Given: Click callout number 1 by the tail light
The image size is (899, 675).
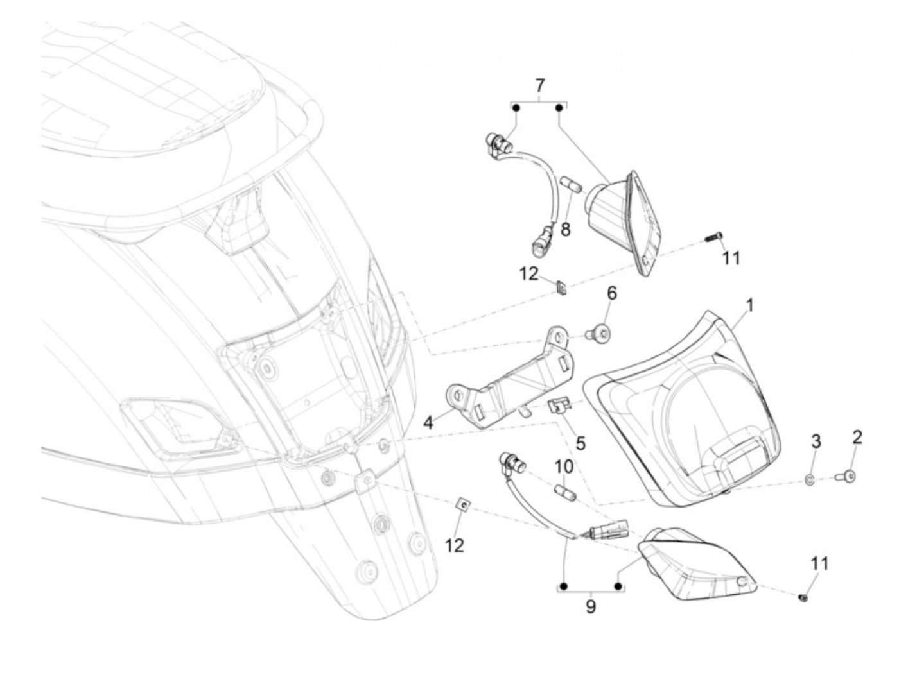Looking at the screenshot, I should coord(749,305).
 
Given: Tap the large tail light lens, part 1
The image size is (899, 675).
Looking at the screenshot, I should coord(687,411).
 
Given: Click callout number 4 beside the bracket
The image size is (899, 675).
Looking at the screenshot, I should coord(428,423).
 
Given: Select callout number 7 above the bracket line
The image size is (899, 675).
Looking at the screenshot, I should coord(539,85).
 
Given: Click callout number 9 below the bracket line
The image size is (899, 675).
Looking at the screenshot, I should coord(591,606).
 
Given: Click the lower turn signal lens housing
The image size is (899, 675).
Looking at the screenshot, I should coord(690,565).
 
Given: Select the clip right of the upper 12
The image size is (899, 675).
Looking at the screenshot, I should coord(561,288).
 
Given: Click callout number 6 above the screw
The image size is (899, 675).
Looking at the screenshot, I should coord(611,295).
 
